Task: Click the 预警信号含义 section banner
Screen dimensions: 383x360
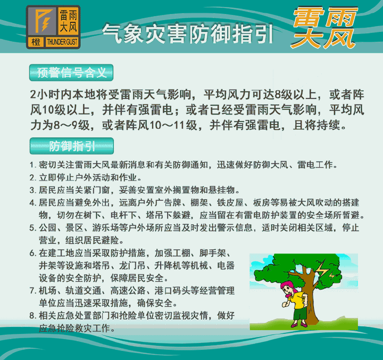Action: pos(71,72)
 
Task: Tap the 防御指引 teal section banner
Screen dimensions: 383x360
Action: pos(72,146)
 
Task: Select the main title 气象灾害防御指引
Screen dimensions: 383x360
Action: pos(187,34)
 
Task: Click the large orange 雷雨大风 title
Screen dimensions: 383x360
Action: pos(324,27)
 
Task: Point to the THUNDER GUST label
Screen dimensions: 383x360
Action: pos(62,42)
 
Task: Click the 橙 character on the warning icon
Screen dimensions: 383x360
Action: pos(36,42)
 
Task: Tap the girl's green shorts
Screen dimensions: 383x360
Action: pos(300,313)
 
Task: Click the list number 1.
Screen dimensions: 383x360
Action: pos(33,165)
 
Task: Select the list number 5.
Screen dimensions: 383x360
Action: pos(33,228)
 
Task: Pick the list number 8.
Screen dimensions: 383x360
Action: pos(33,316)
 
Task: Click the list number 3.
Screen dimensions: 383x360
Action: pos(33,190)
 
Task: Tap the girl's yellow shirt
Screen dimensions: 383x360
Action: pos(297,300)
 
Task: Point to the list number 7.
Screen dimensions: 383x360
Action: pos(33,291)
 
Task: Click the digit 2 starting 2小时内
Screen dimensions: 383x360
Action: pos(33,95)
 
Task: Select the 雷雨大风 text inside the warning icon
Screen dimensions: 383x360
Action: pos(69,21)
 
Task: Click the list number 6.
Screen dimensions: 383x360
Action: pos(33,253)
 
